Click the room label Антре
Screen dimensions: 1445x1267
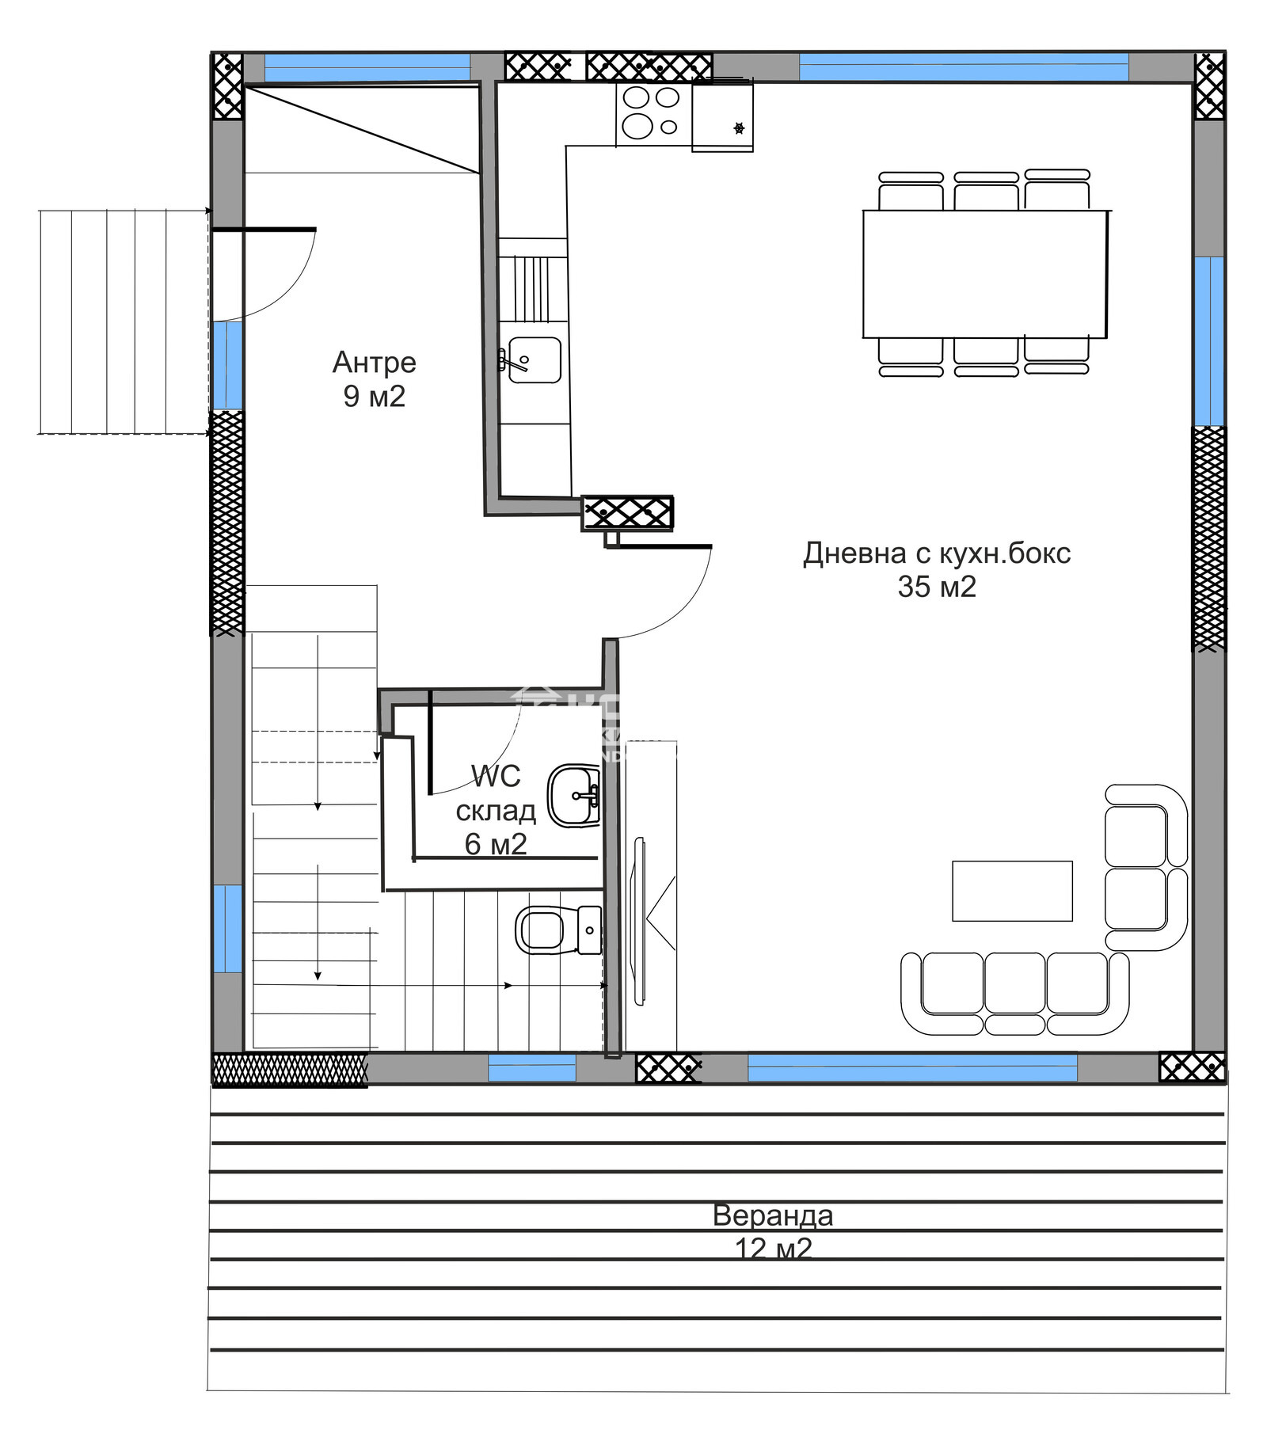click(374, 362)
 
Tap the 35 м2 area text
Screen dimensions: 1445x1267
click(936, 587)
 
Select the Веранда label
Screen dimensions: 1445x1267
click(772, 1215)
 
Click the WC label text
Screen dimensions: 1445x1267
click(496, 777)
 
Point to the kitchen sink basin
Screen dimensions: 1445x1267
click(535, 360)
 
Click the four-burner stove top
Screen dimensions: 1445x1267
click(653, 112)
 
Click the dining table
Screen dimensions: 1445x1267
click(984, 273)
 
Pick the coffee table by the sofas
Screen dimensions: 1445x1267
click(1011, 891)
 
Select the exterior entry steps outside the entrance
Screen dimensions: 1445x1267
click(123, 321)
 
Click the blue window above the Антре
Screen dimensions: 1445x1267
click(367, 68)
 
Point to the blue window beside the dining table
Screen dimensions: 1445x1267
click(1208, 340)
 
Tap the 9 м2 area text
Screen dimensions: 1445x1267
click(374, 396)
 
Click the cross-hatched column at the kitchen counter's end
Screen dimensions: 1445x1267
click(627, 512)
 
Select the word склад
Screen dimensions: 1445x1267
click(496, 811)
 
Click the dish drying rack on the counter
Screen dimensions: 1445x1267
click(531, 289)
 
